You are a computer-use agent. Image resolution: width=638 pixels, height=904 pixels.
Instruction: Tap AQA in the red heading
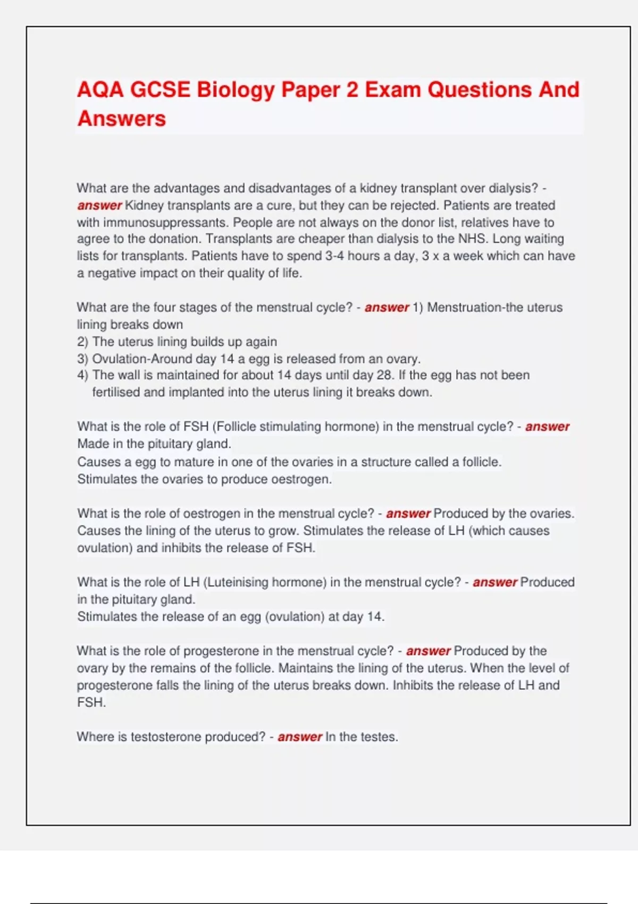click(100, 90)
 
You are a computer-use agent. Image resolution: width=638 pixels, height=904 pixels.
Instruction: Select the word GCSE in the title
click(160, 90)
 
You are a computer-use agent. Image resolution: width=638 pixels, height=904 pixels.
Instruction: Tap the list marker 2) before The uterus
click(83, 341)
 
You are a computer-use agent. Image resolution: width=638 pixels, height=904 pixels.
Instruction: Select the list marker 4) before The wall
click(83, 375)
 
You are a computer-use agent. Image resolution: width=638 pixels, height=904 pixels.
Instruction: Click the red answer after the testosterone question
click(300, 736)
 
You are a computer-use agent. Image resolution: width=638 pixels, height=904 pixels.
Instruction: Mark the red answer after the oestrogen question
click(408, 513)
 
